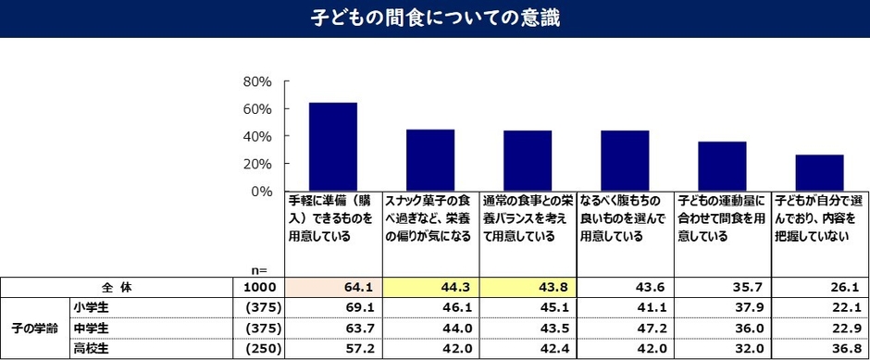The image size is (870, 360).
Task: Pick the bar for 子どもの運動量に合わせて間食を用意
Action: point(722,166)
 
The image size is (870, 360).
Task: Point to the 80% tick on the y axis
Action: point(256,81)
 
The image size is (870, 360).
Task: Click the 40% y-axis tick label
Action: point(256,136)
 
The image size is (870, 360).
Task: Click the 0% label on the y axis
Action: point(262,191)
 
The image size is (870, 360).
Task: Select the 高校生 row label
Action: point(90,350)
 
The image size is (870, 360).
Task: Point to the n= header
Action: point(260,270)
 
